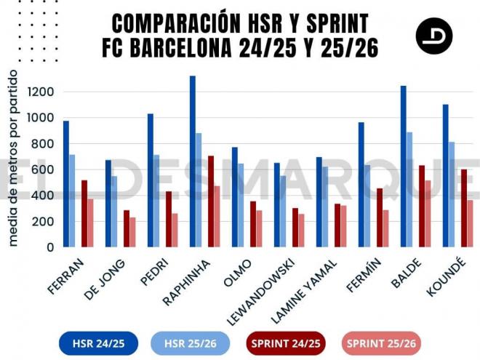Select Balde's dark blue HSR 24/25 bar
403,167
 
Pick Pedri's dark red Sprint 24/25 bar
168,219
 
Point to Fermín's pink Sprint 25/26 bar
385,228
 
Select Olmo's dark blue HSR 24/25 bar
235,197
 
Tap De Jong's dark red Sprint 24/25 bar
126,228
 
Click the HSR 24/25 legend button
92,343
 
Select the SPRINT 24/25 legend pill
285,343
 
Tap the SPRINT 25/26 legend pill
380,343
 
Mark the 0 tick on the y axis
49,247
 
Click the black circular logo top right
434,36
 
